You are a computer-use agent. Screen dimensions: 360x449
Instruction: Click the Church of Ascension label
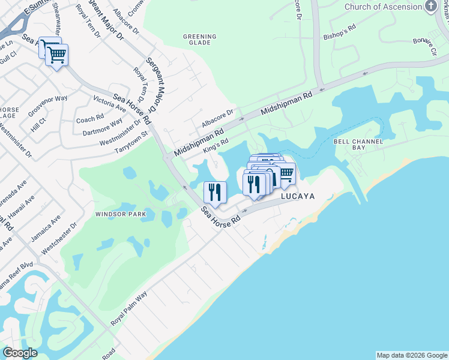383,7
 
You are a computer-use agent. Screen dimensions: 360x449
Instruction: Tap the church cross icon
431,6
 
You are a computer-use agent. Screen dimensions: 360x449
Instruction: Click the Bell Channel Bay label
358,143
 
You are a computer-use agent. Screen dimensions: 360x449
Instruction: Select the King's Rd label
216,145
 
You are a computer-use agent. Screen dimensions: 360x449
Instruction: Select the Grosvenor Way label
48,106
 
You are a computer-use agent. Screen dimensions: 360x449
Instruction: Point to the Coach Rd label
90,119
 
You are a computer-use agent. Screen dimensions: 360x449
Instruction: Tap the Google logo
20,353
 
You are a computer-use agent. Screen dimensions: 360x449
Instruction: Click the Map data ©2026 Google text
412,355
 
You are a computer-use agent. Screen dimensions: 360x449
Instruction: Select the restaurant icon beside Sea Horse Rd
215,192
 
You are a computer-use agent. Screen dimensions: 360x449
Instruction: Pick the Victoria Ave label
109,103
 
